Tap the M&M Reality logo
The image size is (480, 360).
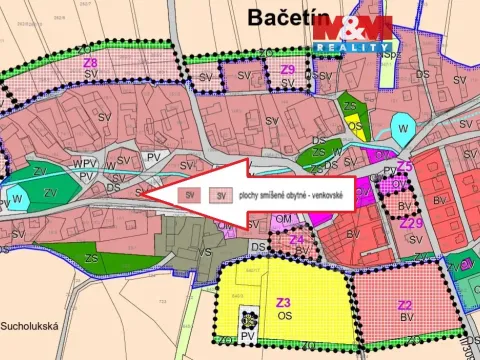click(350, 32)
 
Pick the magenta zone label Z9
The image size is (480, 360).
click(288, 69)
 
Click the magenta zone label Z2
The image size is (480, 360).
click(405, 305)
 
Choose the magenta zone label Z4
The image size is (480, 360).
click(296, 240)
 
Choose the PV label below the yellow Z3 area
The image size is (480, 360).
click(247, 338)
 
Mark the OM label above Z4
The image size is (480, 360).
click(283, 218)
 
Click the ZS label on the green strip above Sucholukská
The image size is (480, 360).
click(91, 258)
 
